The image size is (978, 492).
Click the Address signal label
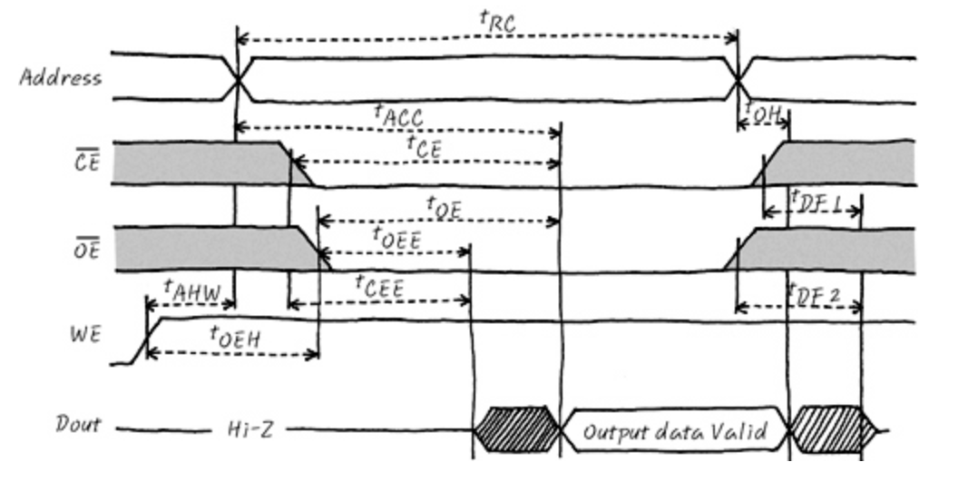coord(61,77)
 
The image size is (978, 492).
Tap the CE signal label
coord(86,164)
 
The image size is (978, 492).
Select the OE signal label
coord(86,249)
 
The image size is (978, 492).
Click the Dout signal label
coord(79,425)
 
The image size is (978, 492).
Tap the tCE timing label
coord(424,146)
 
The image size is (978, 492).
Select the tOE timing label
coord(445,208)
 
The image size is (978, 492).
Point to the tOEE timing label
coord(396,238)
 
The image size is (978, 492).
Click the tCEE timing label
coord(379,288)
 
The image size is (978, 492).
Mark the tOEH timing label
coord(236,337)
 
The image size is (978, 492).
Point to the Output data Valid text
coord(671,430)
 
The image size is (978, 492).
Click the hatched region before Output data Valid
coord(516,429)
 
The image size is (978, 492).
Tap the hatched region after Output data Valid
coord(827,428)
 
